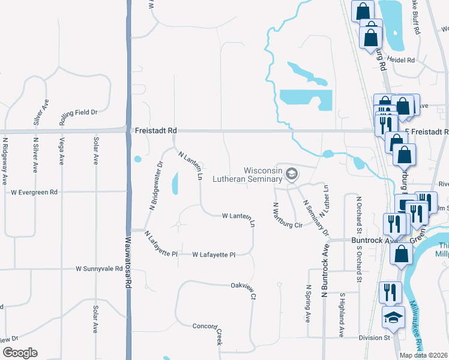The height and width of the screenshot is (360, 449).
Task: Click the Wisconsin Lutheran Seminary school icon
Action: [292, 174]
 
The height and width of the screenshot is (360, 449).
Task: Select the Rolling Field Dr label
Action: [78, 112]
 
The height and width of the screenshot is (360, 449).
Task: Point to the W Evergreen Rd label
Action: [34, 193]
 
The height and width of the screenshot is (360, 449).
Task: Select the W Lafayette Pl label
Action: [214, 254]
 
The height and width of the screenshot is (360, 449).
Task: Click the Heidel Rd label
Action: [402, 61]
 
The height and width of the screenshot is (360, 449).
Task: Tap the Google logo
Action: [20, 353]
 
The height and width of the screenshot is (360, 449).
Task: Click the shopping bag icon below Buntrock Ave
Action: [400, 254]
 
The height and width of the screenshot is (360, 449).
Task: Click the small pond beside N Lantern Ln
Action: [175, 184]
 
